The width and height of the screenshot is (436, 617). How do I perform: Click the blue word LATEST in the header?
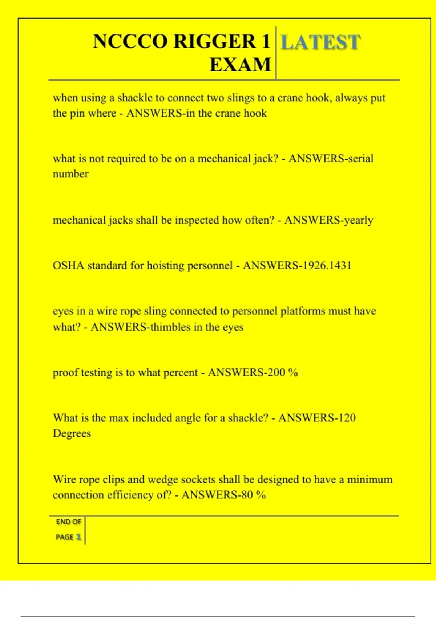click(x=320, y=42)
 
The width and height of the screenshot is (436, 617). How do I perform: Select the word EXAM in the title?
click(x=240, y=65)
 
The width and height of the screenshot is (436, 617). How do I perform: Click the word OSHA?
click(x=68, y=266)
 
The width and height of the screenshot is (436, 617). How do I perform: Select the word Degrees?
click(x=72, y=433)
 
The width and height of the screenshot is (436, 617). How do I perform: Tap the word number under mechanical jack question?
click(x=70, y=174)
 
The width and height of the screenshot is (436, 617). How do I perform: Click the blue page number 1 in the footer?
click(x=78, y=537)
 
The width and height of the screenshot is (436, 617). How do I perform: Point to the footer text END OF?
click(x=68, y=522)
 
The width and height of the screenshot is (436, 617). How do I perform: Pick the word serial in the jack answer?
click(x=361, y=159)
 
